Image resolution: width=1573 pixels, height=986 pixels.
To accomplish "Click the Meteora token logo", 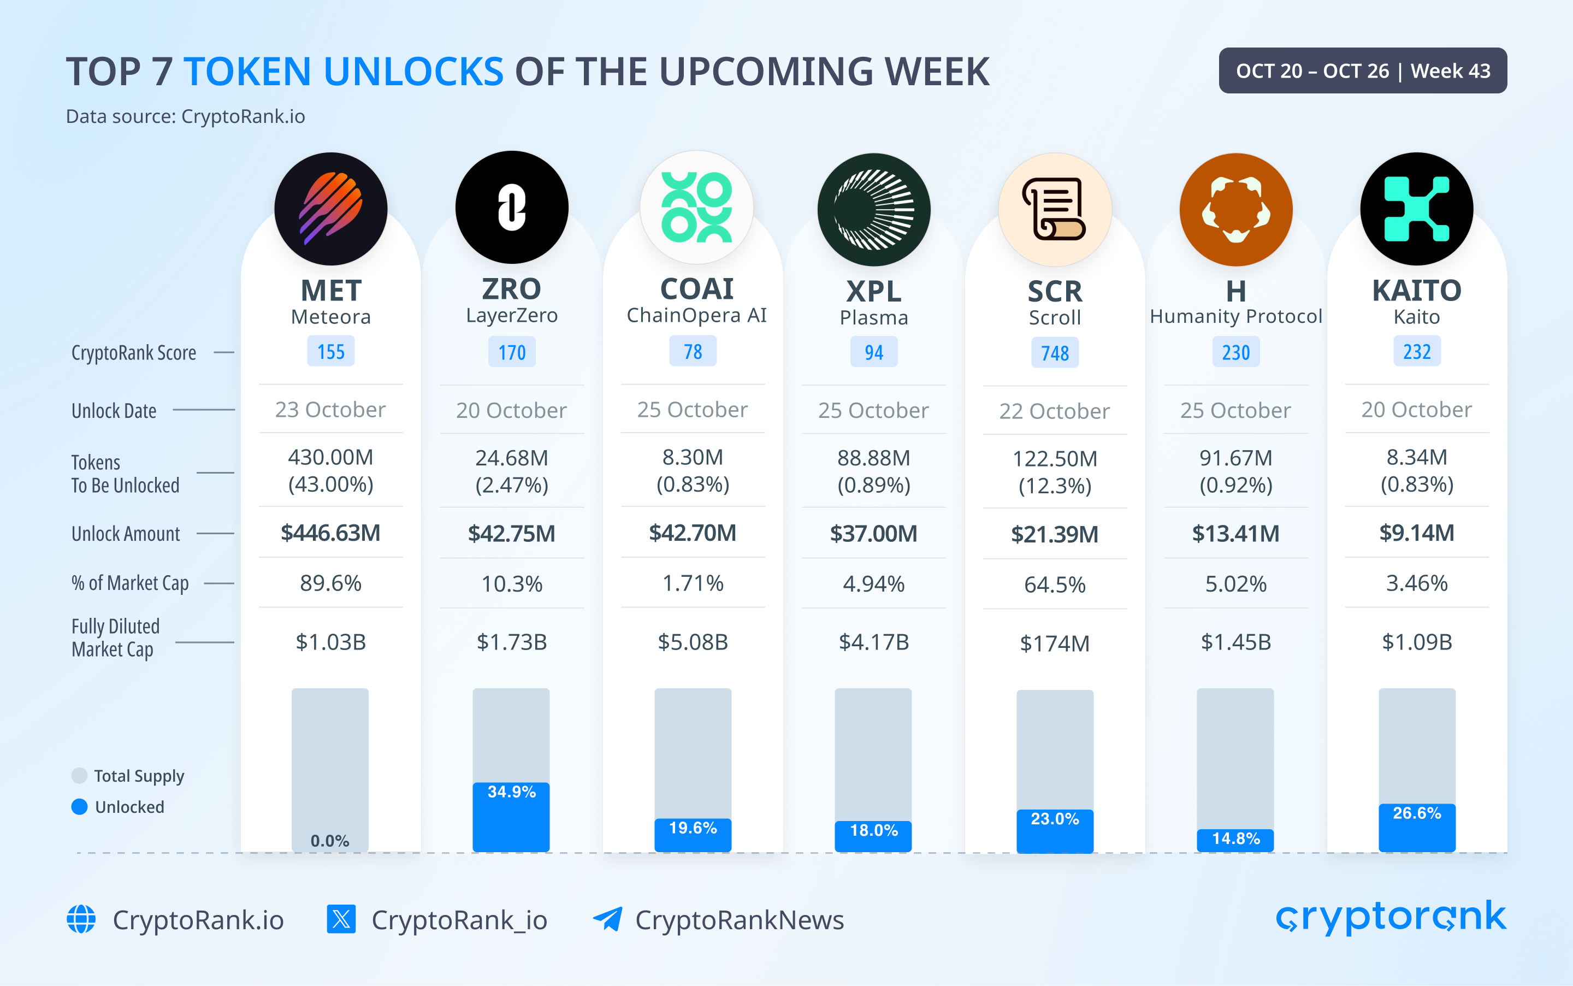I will (330, 209).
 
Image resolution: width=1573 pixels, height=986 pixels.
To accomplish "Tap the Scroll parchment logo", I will (1054, 209).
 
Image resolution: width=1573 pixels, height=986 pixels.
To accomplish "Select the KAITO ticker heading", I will (1417, 290).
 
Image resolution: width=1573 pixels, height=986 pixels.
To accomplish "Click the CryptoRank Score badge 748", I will (1054, 353).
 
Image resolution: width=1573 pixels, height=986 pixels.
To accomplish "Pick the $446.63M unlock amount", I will (330, 533).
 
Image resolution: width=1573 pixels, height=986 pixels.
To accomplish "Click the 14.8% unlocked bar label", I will (1235, 839).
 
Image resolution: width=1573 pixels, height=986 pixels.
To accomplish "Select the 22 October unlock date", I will (1054, 411).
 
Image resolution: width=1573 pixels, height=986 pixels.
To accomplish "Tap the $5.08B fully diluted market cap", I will (693, 642).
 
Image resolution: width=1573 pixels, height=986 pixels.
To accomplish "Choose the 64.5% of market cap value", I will (1054, 584).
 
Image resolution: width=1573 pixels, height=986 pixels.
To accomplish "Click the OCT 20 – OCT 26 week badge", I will (1362, 70).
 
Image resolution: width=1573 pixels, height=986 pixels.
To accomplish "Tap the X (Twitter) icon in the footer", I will (341, 919).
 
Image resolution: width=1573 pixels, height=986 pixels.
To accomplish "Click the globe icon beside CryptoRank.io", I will (81, 919).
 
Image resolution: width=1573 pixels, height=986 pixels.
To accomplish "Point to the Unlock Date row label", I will (114, 411).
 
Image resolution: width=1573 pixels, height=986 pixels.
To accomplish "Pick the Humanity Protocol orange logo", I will (1235, 209).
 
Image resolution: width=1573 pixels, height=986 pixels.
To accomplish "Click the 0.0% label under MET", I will (330, 841).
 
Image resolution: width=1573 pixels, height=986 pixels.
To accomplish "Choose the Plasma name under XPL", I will (873, 317).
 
